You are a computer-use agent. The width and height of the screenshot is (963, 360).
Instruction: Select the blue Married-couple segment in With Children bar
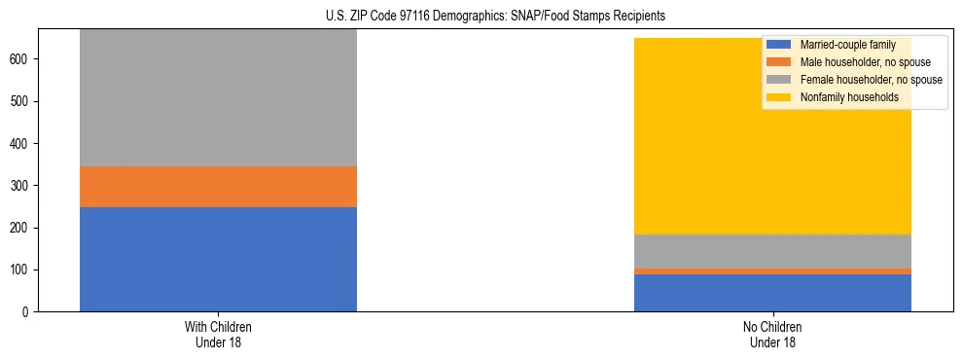(218, 259)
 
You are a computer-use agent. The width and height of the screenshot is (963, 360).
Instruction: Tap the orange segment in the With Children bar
(218, 187)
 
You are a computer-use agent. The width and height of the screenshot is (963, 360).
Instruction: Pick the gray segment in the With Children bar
(218, 97)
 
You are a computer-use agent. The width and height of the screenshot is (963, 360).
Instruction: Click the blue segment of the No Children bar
(772, 293)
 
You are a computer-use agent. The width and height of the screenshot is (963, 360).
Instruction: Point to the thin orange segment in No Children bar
(772, 271)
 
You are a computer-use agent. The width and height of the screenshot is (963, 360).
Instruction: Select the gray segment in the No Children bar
(772, 251)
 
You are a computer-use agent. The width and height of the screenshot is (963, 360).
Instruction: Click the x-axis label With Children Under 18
(218, 334)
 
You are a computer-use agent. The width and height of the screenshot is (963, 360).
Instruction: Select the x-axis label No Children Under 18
(772, 334)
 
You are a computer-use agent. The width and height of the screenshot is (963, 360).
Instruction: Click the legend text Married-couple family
(846, 45)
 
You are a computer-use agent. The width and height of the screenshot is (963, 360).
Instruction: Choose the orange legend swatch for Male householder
(779, 62)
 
